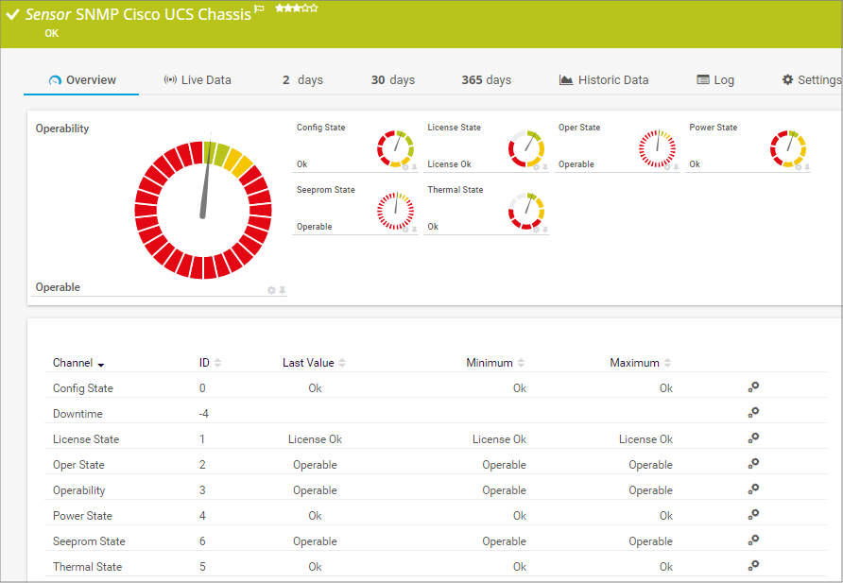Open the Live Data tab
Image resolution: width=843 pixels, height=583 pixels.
tap(198, 80)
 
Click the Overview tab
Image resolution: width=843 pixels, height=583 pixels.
tap(82, 80)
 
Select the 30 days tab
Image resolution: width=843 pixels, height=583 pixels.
tap(392, 80)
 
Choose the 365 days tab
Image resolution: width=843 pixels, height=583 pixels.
tap(486, 80)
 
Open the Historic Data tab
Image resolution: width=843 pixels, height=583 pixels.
tap(604, 80)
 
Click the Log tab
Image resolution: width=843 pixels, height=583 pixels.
tap(715, 80)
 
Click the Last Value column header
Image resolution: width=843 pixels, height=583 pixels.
tap(308, 363)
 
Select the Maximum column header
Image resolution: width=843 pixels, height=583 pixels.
tap(634, 363)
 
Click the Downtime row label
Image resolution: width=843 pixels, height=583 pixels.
tap(77, 414)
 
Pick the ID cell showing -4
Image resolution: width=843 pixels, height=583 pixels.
tap(203, 414)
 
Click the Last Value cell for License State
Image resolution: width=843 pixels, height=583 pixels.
tap(315, 439)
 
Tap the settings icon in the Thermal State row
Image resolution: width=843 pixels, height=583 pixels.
tap(753, 565)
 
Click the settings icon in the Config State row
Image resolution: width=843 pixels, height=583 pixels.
tap(753, 386)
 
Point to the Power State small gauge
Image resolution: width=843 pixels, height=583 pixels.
tap(787, 148)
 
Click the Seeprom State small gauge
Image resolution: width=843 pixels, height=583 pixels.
tap(395, 211)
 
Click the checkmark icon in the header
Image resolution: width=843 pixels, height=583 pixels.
tap(13, 15)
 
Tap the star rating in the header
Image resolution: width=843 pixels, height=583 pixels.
tap(296, 9)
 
